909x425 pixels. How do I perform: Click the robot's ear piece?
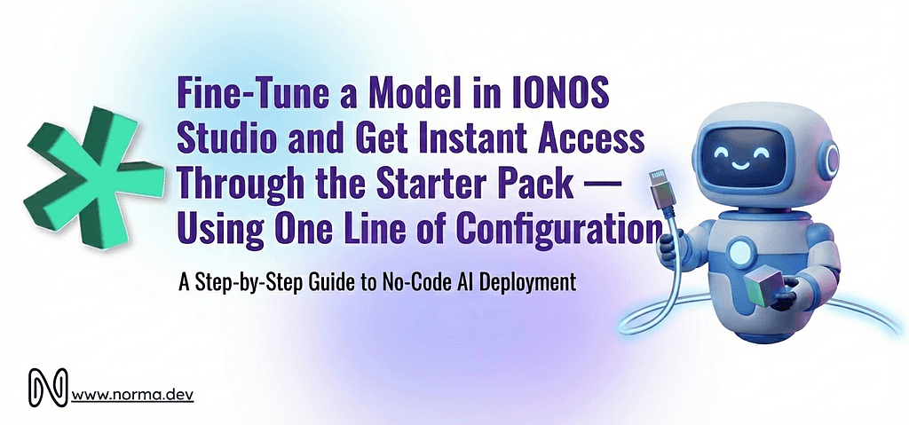pyautogui.click(x=832, y=161)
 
